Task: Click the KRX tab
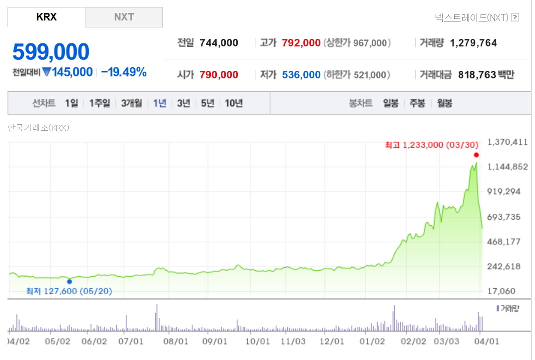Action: (x=46, y=17)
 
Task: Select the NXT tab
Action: (x=124, y=17)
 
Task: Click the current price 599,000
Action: (x=51, y=52)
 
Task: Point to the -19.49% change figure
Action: (x=124, y=72)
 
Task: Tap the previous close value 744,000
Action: (x=219, y=43)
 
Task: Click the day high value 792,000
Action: (x=301, y=43)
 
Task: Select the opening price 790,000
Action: (x=219, y=75)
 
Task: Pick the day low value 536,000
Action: (x=301, y=75)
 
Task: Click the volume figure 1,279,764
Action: (x=474, y=43)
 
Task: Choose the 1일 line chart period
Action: (x=71, y=103)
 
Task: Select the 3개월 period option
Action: (x=131, y=103)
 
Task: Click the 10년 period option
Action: (x=234, y=103)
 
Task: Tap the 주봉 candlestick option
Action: (x=417, y=103)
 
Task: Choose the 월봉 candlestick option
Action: (x=445, y=103)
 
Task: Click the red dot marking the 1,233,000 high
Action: (x=476, y=155)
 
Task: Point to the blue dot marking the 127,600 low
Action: (x=69, y=282)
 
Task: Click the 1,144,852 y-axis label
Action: (x=508, y=167)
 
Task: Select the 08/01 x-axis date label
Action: (x=176, y=342)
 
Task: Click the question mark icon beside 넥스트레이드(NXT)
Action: (x=516, y=17)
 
